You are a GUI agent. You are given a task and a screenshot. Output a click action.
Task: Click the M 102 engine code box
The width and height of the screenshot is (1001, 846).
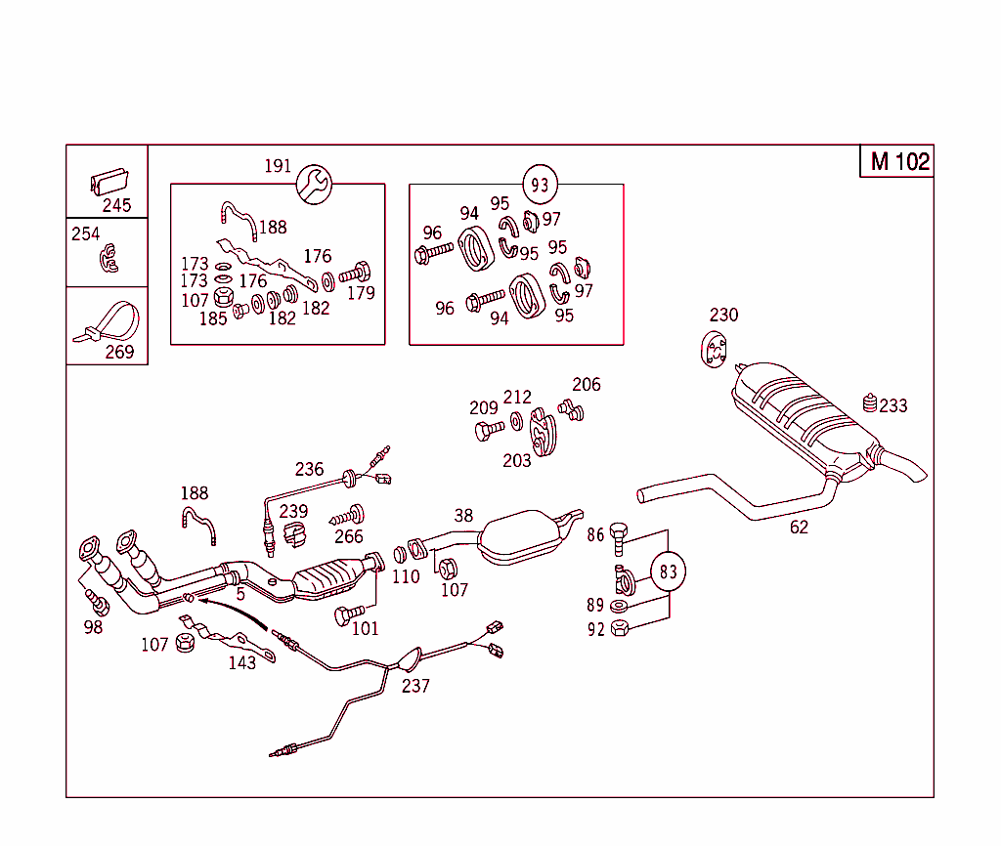(x=899, y=161)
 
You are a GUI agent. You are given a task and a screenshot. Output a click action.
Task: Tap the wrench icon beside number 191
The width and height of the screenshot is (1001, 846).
(x=315, y=183)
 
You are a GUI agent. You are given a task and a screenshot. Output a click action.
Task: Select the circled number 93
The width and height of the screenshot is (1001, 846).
(x=540, y=184)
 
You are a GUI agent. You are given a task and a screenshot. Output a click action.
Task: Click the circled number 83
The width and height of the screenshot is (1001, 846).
(x=668, y=572)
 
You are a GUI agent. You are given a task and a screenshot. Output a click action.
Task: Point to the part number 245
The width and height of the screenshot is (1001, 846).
(x=117, y=205)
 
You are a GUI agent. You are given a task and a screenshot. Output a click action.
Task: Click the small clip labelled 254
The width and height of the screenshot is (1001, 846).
(x=109, y=259)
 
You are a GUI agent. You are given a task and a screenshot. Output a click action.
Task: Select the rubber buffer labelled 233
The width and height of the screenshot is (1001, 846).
(x=869, y=403)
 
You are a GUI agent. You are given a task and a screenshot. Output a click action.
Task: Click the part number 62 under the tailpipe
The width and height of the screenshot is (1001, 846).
(x=800, y=528)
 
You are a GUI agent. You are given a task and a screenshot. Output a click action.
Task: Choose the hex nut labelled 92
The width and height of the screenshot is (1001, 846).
(x=619, y=629)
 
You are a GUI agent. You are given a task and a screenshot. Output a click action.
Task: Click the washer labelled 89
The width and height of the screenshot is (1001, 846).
(x=619, y=607)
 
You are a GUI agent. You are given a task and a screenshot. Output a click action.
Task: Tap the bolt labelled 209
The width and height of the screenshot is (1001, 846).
(x=488, y=430)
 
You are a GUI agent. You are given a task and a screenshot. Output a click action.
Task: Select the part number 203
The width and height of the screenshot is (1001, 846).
(x=517, y=460)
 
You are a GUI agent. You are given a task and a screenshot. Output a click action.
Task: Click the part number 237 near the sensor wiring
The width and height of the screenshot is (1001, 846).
(x=415, y=686)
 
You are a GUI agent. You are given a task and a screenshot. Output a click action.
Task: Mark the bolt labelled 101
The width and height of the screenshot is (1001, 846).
(x=343, y=615)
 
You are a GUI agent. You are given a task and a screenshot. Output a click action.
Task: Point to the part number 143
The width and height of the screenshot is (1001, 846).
(x=242, y=662)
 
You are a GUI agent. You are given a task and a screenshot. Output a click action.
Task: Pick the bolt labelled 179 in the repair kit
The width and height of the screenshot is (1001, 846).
(x=358, y=271)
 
